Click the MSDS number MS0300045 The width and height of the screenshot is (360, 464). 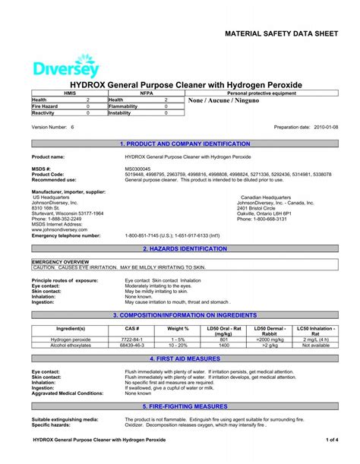click(137, 168)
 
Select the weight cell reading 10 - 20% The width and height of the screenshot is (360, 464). click(177, 345)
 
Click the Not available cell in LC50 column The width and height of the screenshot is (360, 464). click(315, 345)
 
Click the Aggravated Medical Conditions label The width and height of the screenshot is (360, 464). click(68, 393)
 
